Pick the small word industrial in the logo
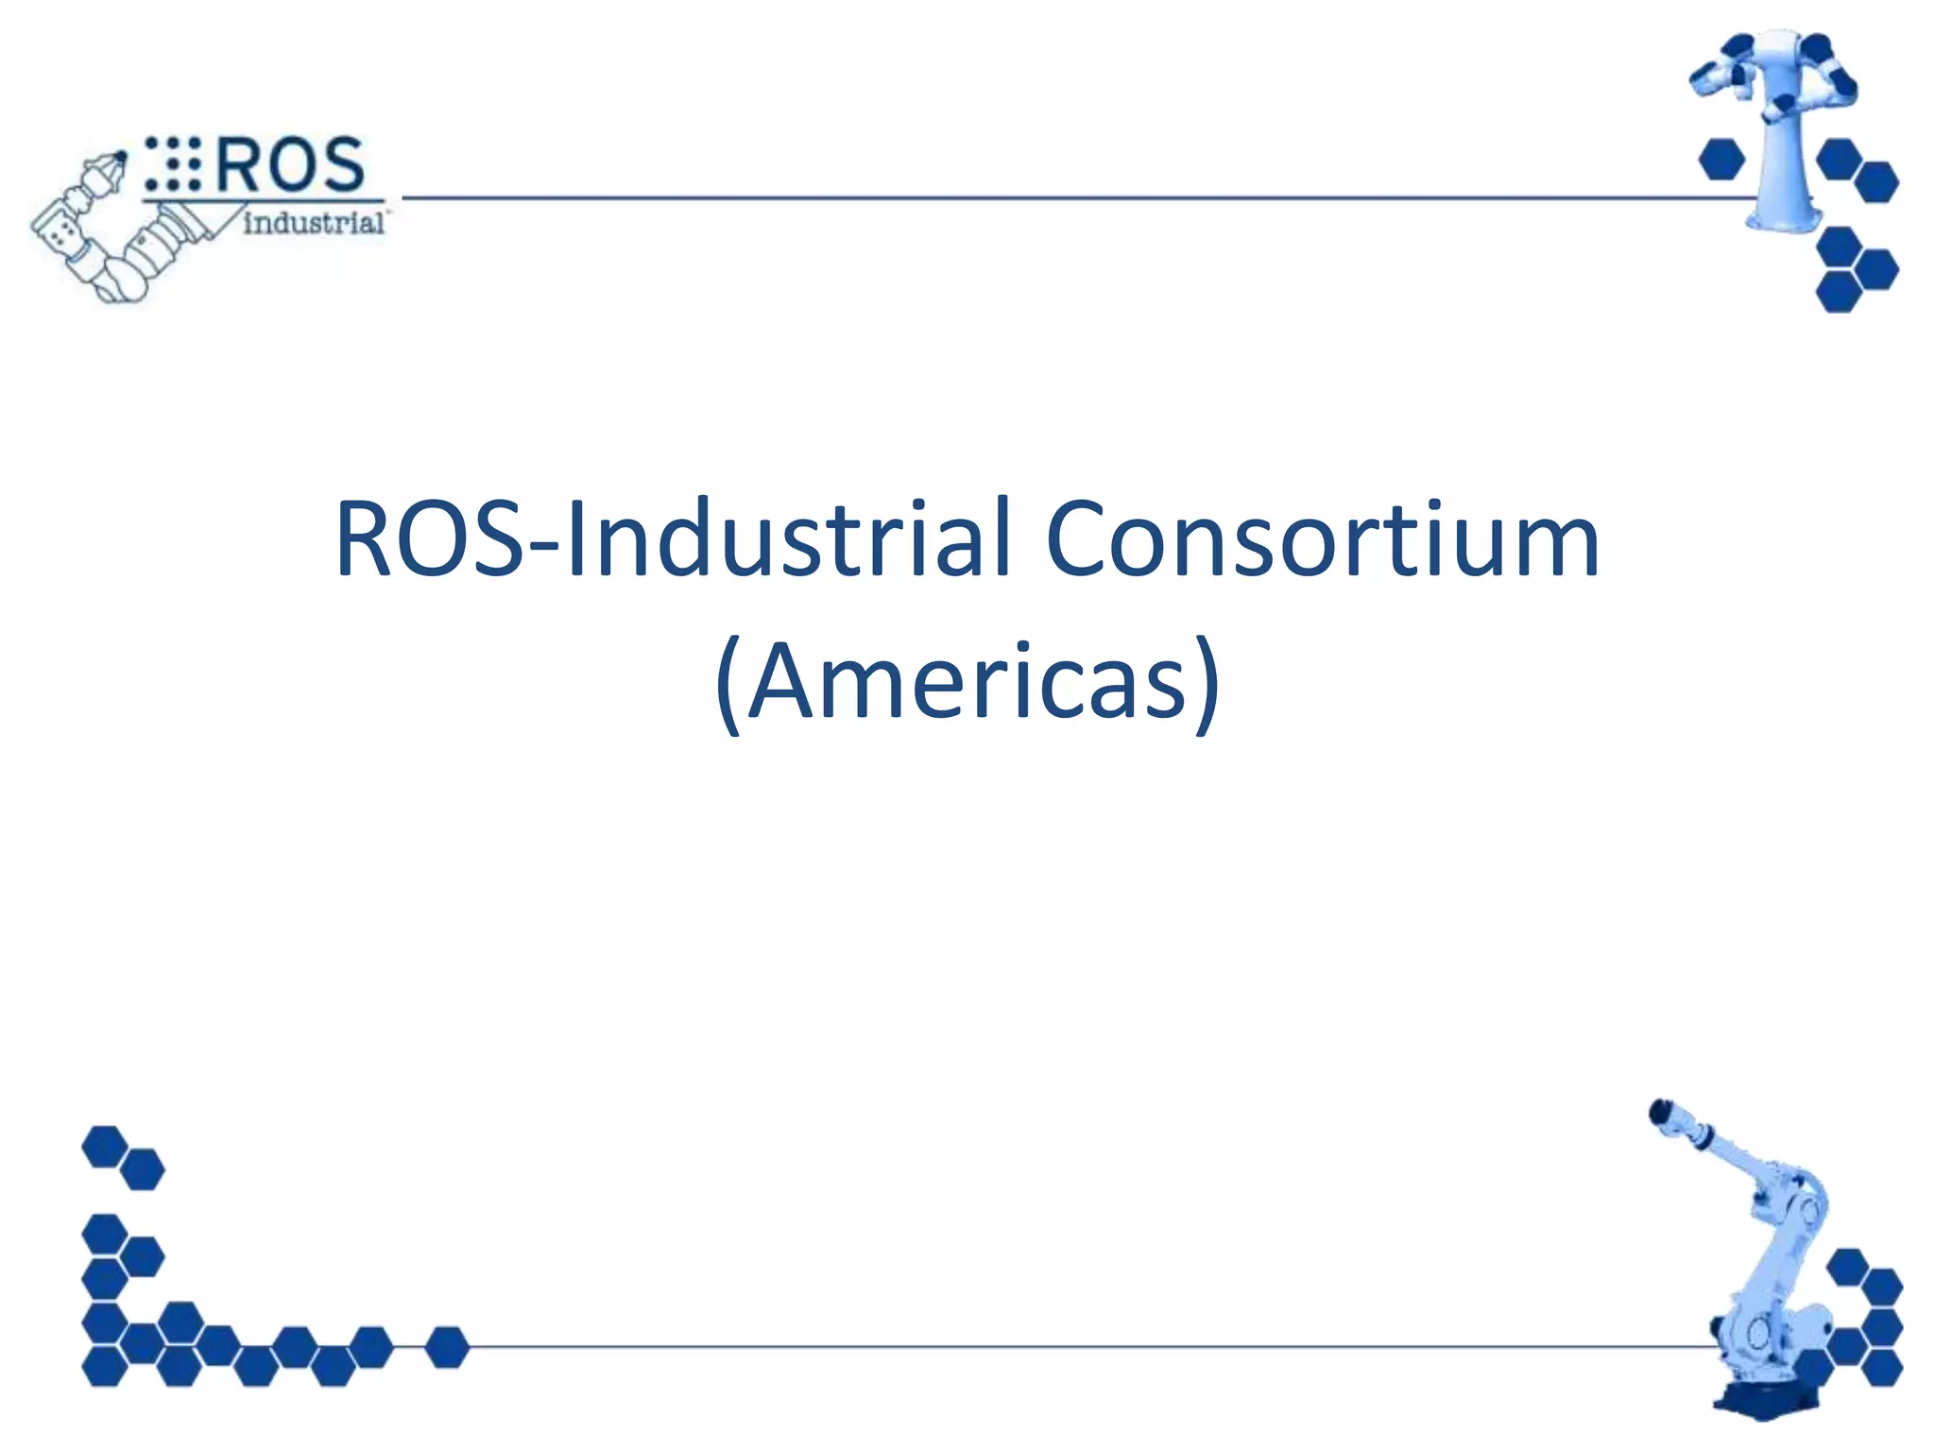(313, 223)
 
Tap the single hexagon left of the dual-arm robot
(1721, 159)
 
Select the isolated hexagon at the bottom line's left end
(447, 1347)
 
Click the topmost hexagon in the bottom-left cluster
(104, 1146)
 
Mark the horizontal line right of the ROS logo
(1039, 198)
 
